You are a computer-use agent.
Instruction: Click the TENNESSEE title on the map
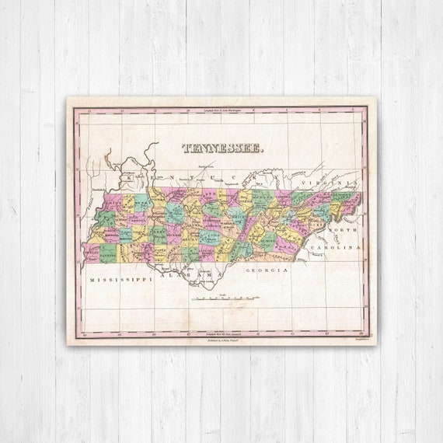click(222, 147)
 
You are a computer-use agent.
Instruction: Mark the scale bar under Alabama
click(227, 297)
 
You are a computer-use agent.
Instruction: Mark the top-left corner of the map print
click(68, 98)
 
